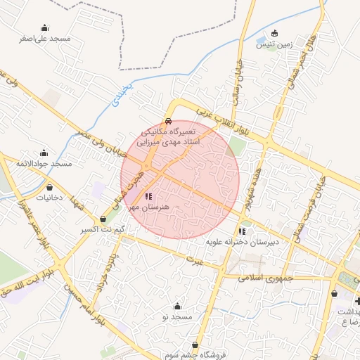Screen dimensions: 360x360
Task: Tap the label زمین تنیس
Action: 274,44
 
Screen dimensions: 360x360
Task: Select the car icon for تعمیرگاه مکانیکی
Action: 168,121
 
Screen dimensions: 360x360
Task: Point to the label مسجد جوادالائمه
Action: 46,163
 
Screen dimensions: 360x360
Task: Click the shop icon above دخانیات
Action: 51,188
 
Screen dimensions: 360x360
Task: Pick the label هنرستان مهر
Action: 148,207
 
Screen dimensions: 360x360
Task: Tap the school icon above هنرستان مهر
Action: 148,196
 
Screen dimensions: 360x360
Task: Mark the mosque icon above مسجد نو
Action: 176,306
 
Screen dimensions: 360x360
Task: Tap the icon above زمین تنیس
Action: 274,33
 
